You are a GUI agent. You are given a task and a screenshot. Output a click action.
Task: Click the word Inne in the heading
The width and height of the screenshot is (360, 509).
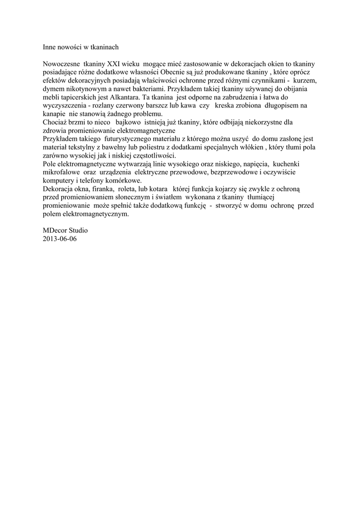tap(49, 47)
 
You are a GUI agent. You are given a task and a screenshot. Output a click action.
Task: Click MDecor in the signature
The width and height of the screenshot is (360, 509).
tap(55, 230)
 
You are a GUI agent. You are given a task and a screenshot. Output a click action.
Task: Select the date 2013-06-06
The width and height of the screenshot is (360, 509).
tap(60, 239)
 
